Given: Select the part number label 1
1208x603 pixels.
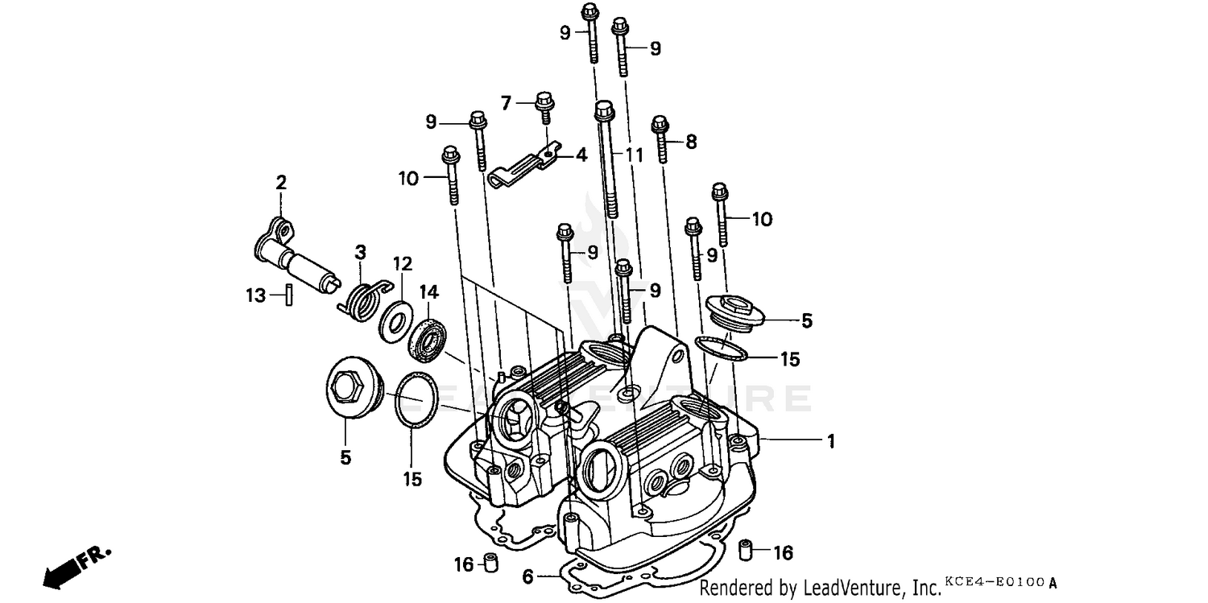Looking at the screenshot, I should coord(830,441).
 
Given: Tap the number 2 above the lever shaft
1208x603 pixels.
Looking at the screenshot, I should coord(280,183).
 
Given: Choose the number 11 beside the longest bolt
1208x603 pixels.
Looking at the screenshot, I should coord(635,155).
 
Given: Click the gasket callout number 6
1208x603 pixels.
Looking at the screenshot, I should coord(527,576).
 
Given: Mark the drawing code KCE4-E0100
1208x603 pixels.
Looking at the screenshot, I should coord(995,580).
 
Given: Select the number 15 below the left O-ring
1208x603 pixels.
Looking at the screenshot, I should coord(412,479).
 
